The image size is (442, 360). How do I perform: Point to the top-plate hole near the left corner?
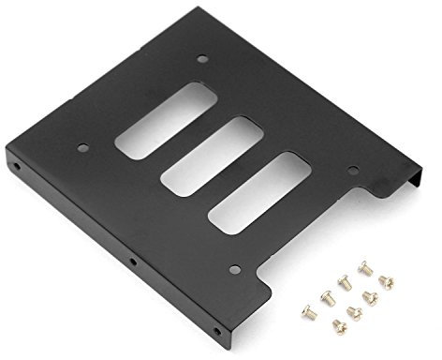tap(82, 146)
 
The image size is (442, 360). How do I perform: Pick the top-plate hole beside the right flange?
tap(353, 172)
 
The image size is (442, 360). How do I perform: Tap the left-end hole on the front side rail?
tap(17, 170)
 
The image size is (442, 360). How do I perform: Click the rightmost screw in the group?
tap(386, 281)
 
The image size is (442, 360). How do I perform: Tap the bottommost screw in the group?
tap(340, 325)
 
